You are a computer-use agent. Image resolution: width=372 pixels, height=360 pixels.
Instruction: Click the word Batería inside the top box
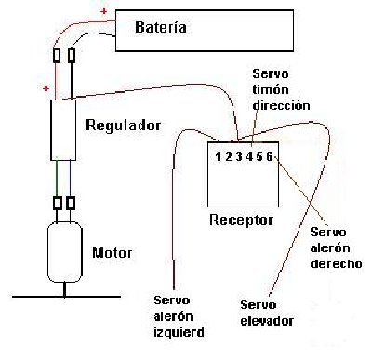(x=161, y=28)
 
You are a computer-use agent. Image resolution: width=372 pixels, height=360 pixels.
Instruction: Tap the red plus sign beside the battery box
(x=102, y=14)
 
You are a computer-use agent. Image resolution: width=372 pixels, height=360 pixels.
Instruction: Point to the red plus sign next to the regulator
(x=44, y=87)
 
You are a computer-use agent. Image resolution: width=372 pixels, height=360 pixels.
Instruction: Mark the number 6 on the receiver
(x=269, y=155)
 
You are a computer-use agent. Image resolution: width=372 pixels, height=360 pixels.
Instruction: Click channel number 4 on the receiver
(x=247, y=155)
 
